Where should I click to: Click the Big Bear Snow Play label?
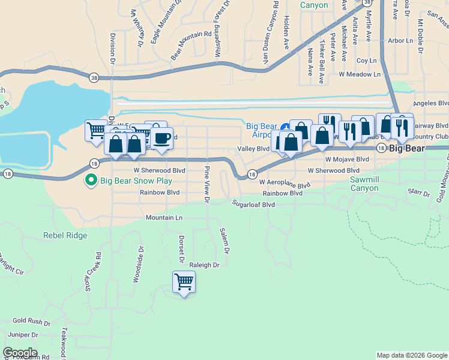pyautogui.click(x=136, y=180)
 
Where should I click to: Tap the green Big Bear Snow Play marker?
pyautogui.click(x=91, y=179)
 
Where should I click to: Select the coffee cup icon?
pyautogui.click(x=161, y=139)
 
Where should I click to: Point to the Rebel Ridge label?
pyautogui.click(x=65, y=236)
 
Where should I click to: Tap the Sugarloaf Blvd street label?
pyautogui.click(x=254, y=204)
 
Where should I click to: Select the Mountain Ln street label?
pyautogui.click(x=162, y=218)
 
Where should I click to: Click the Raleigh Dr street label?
pyautogui.click(x=205, y=265)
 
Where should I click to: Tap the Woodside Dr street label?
pyautogui.click(x=136, y=264)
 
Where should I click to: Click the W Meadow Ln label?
pyautogui.click(x=360, y=74)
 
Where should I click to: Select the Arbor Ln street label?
pyautogui.click(x=400, y=41)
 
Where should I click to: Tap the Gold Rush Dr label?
pyautogui.click(x=26, y=321)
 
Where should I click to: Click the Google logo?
pyautogui.click(x=20, y=353)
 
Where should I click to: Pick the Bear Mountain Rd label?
pyautogui.click(x=191, y=46)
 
